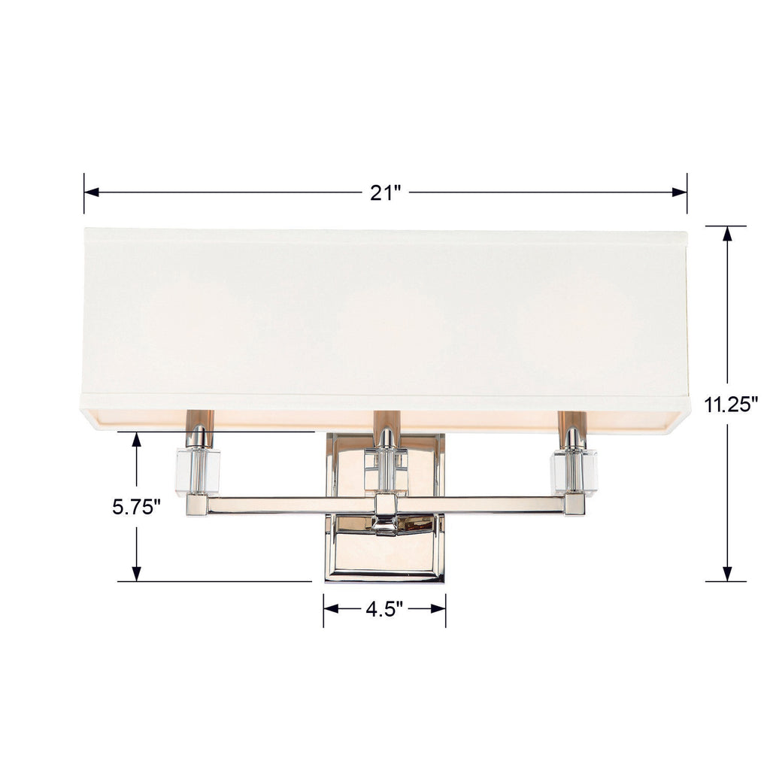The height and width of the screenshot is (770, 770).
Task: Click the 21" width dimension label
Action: coord(385,193)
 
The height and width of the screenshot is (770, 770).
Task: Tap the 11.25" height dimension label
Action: coord(731,405)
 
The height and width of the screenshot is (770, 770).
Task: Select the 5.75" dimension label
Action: coord(137,507)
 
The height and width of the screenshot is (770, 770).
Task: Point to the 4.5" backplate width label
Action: coord(385,608)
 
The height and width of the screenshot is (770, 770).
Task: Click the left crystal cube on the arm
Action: coord(197,471)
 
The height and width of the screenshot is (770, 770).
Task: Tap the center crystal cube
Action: coord(385,469)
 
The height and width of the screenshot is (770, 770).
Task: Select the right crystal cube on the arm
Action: coord(574,471)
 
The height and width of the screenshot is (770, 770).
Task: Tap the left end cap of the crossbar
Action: coord(197,505)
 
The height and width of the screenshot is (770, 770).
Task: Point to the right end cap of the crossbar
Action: coord(574,505)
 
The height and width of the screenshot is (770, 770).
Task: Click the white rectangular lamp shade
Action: coord(385,316)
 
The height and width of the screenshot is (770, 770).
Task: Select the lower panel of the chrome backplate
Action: coord(385,553)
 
